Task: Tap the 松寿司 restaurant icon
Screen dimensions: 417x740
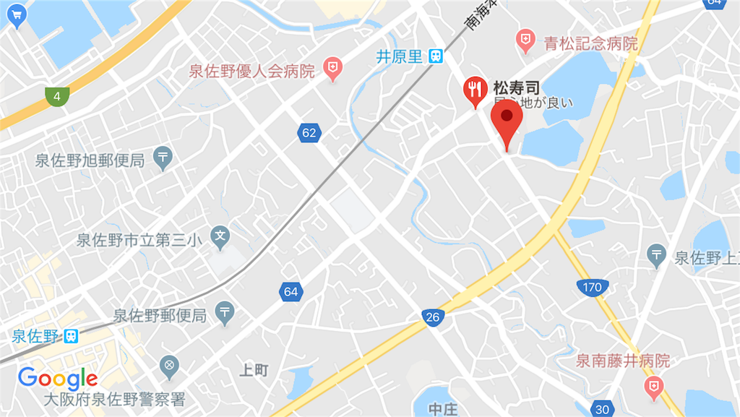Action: point(474,90)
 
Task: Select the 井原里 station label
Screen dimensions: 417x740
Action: point(399,56)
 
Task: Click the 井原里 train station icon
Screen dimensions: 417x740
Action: point(435,56)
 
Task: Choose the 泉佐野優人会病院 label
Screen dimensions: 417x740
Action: point(251,72)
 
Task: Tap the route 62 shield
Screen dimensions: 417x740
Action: point(309,132)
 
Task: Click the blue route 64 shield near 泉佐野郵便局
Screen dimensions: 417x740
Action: point(291,292)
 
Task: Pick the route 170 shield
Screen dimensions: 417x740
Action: point(591,287)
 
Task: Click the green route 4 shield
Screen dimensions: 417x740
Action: point(56,95)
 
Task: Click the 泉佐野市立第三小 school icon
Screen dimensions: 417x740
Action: point(220,235)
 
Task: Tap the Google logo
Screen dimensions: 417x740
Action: point(58,378)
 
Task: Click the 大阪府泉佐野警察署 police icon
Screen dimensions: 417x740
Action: point(171,366)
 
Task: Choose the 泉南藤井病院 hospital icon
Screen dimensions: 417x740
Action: point(653,385)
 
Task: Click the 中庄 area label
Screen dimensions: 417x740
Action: point(443,408)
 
